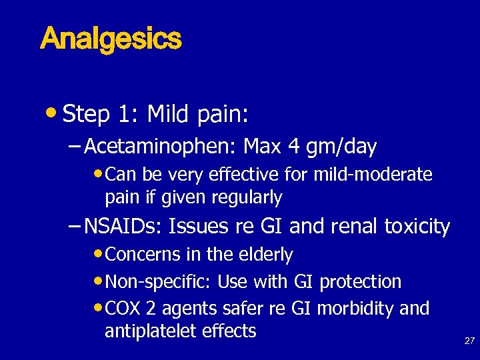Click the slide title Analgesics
click(x=111, y=39)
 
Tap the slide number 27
click(x=469, y=341)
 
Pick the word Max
click(x=262, y=145)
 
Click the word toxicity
click(x=417, y=227)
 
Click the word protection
click(x=361, y=282)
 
